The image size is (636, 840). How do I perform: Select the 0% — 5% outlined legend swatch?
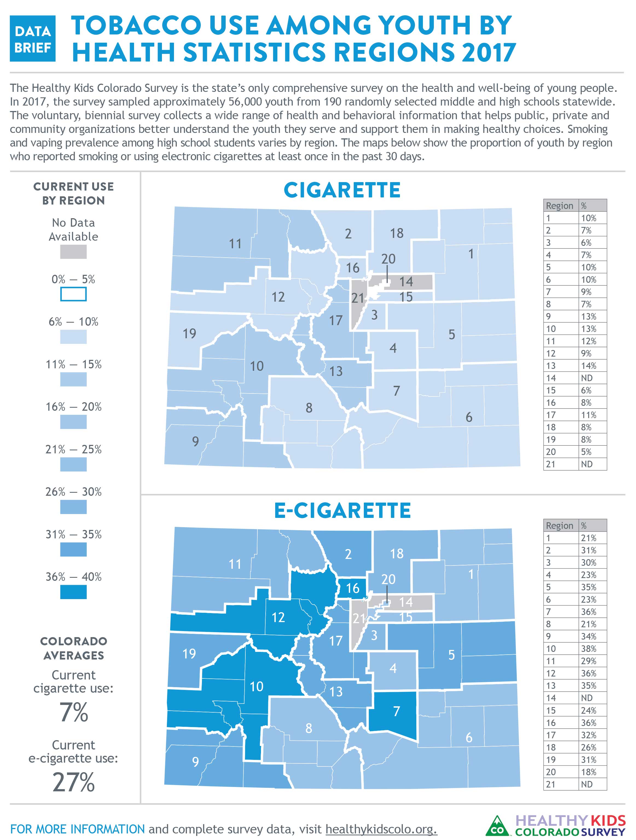pyautogui.click(x=73, y=294)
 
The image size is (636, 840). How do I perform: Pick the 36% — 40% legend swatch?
pyautogui.click(x=73, y=592)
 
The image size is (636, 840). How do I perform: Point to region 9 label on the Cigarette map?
pyautogui.click(x=195, y=441)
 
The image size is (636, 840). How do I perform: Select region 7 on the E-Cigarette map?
pyautogui.click(x=396, y=711)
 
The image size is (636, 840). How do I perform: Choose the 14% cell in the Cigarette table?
pyautogui.click(x=588, y=366)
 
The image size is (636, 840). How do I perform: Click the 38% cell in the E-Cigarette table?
pyautogui.click(x=588, y=649)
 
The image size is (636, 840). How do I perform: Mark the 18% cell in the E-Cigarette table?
pyautogui.click(x=588, y=772)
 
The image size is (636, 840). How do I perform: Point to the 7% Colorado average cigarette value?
pyautogui.click(x=74, y=712)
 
